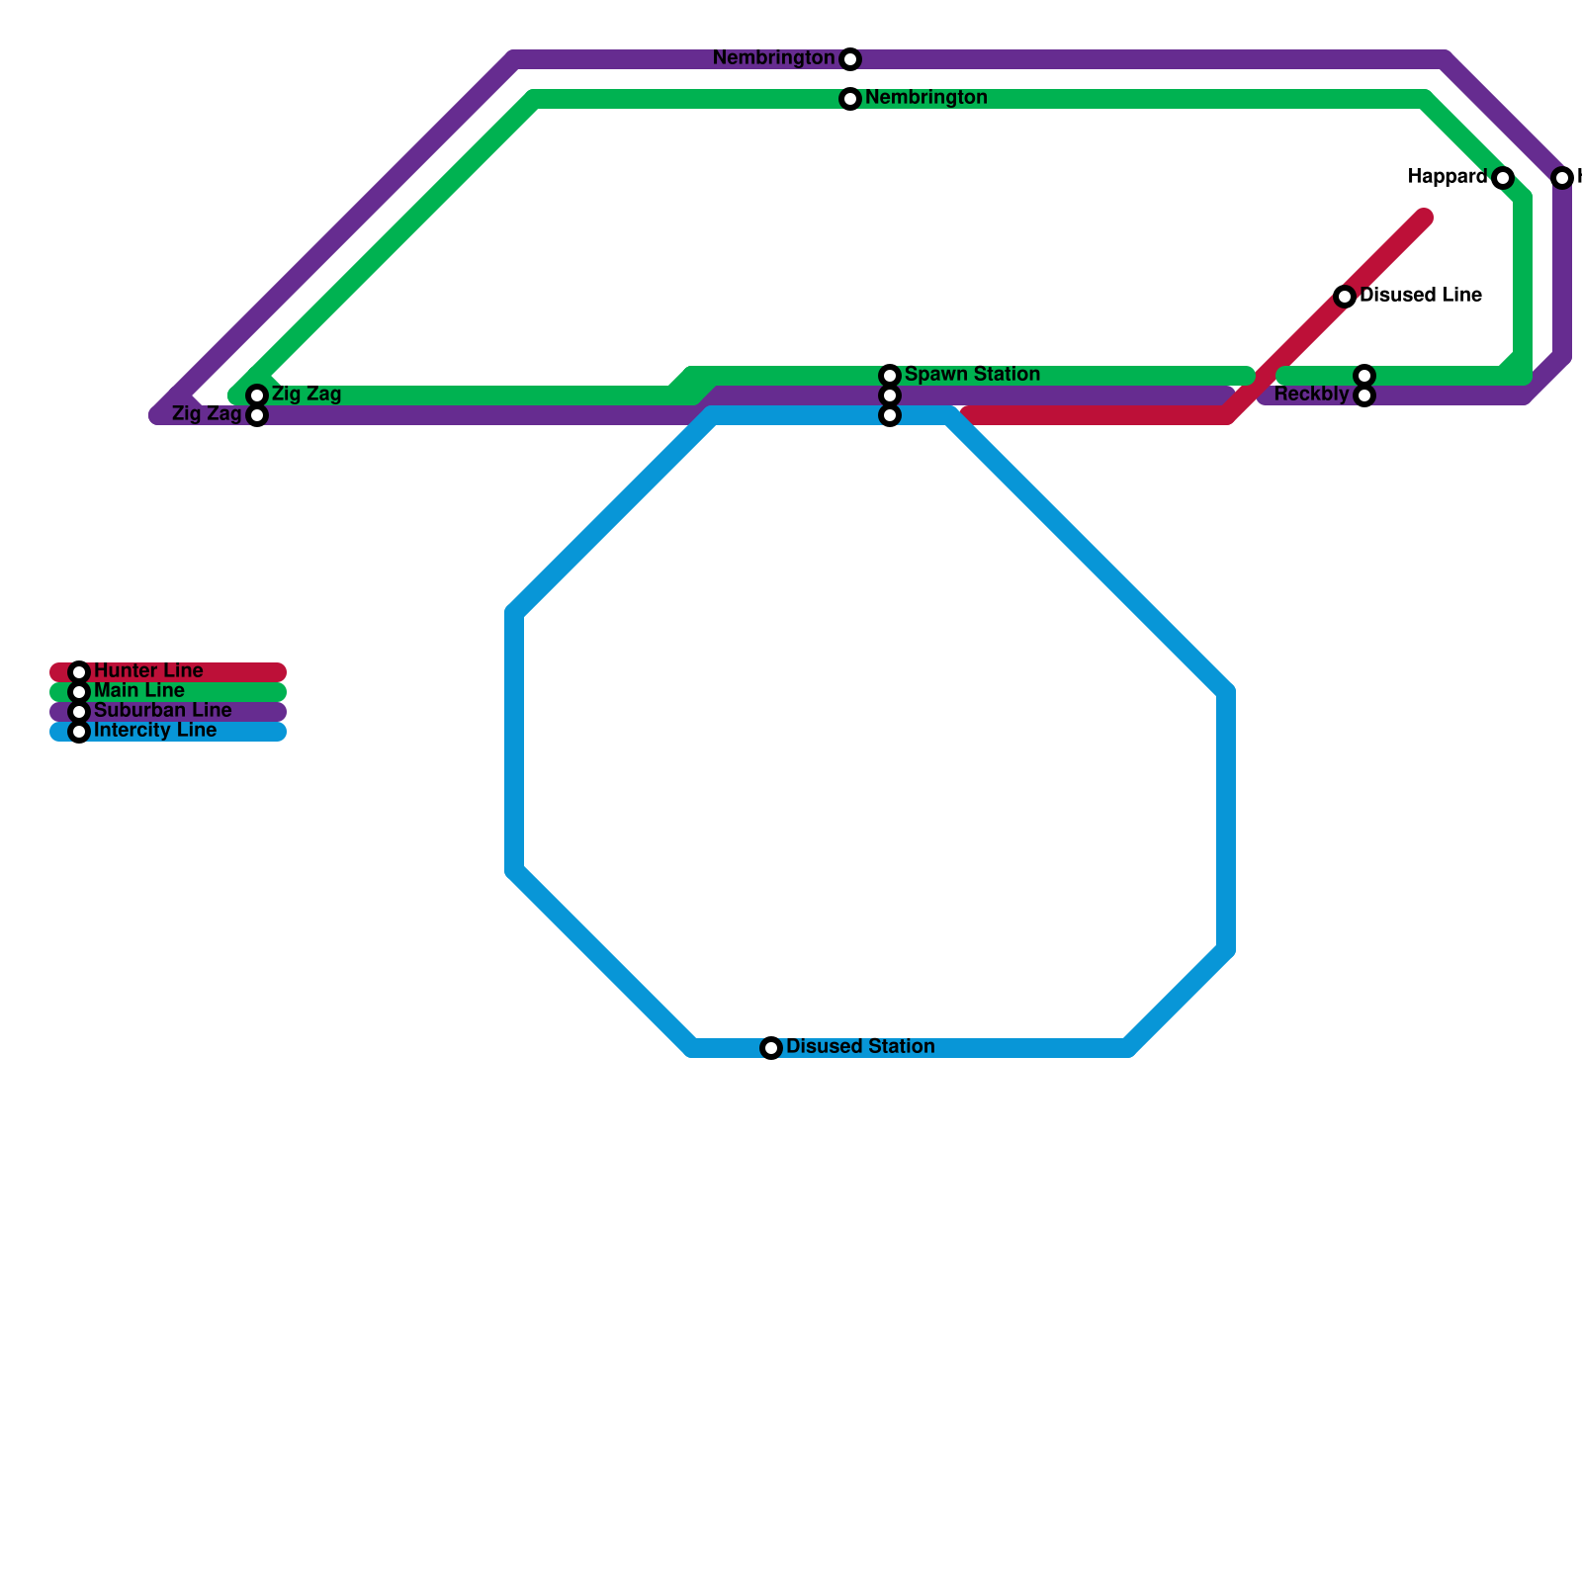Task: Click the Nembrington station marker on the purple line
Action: (x=850, y=59)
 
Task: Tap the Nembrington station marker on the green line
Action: (x=850, y=99)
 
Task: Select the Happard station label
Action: (x=1448, y=177)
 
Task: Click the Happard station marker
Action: (x=1503, y=178)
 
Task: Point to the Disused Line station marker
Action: (x=1345, y=297)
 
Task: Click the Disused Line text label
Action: (x=1421, y=295)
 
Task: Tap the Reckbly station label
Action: (x=1311, y=395)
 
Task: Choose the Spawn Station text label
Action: (x=972, y=374)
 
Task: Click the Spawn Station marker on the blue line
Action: (x=890, y=415)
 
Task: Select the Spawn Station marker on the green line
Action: (x=890, y=376)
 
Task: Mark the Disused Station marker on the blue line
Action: (x=771, y=1048)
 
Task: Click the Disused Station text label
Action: (x=860, y=1046)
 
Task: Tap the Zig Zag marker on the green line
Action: (x=257, y=395)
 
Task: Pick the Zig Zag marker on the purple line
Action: (x=257, y=415)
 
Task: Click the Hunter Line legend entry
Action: (x=148, y=671)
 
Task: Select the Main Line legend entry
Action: (x=139, y=690)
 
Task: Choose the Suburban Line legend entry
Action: (x=162, y=711)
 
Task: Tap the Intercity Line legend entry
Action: (x=155, y=731)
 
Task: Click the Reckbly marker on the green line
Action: (x=1364, y=376)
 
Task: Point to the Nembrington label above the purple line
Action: (x=773, y=58)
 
